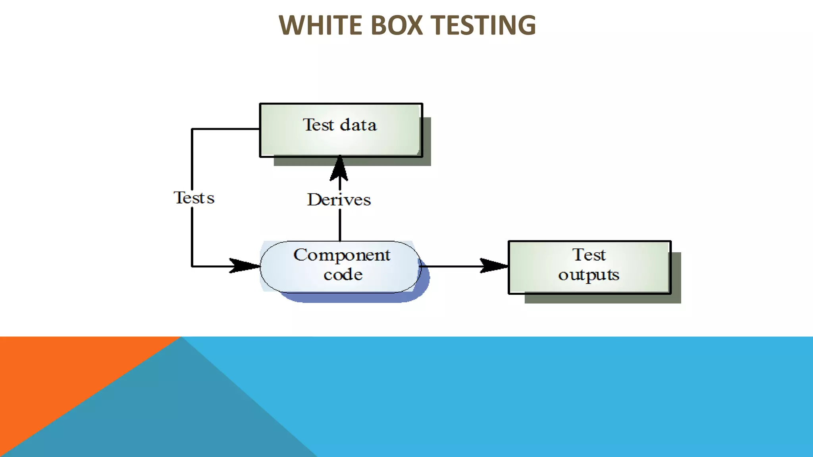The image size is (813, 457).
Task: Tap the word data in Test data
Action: [358, 125]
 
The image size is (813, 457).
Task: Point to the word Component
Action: [342, 255]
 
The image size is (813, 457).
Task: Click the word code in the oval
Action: [343, 275]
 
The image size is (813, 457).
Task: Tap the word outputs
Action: [589, 275]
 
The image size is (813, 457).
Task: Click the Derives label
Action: [339, 200]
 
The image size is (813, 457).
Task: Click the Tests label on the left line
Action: [194, 198]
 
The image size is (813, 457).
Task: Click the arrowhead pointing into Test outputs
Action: [493, 266]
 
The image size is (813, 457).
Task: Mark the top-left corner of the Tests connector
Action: [192, 129]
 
